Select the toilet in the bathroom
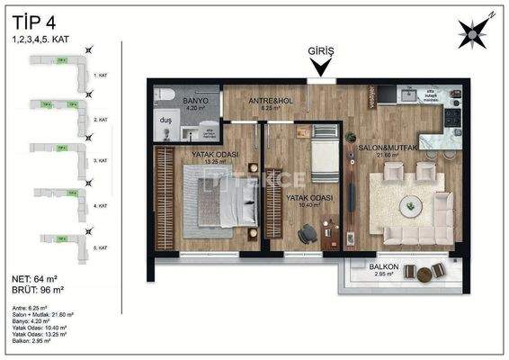pyautogui.click(x=165, y=94)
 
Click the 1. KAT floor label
pyautogui.click(x=101, y=76)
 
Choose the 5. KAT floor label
pyautogui.click(x=102, y=247)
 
